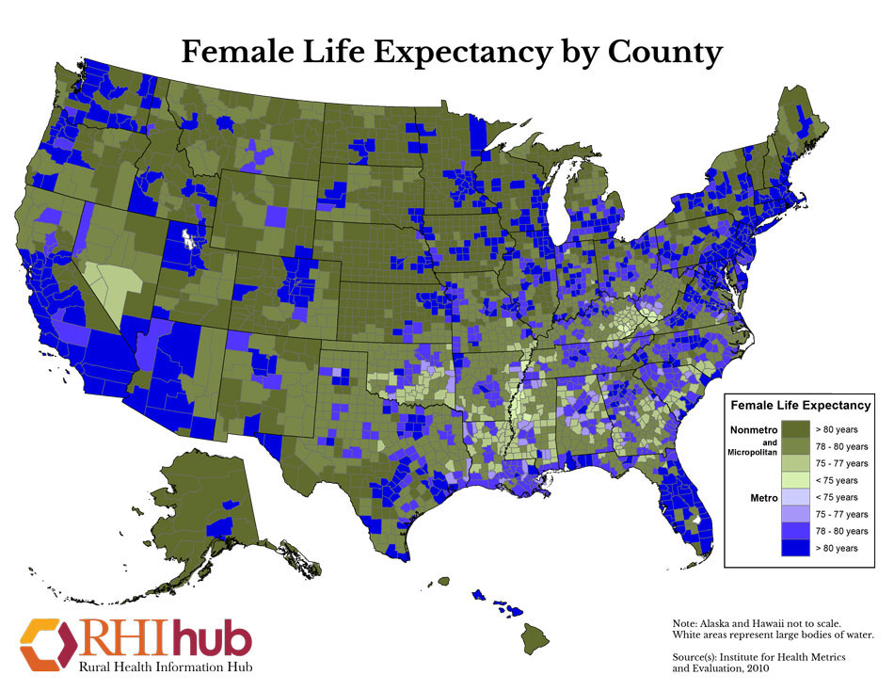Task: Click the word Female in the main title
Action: (232, 51)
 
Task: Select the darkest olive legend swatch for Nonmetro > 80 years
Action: (800, 429)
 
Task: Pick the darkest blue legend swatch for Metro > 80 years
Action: (800, 548)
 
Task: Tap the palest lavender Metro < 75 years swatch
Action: (800, 497)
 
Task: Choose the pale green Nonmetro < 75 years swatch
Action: (800, 480)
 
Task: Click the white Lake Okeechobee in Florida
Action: (696, 518)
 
